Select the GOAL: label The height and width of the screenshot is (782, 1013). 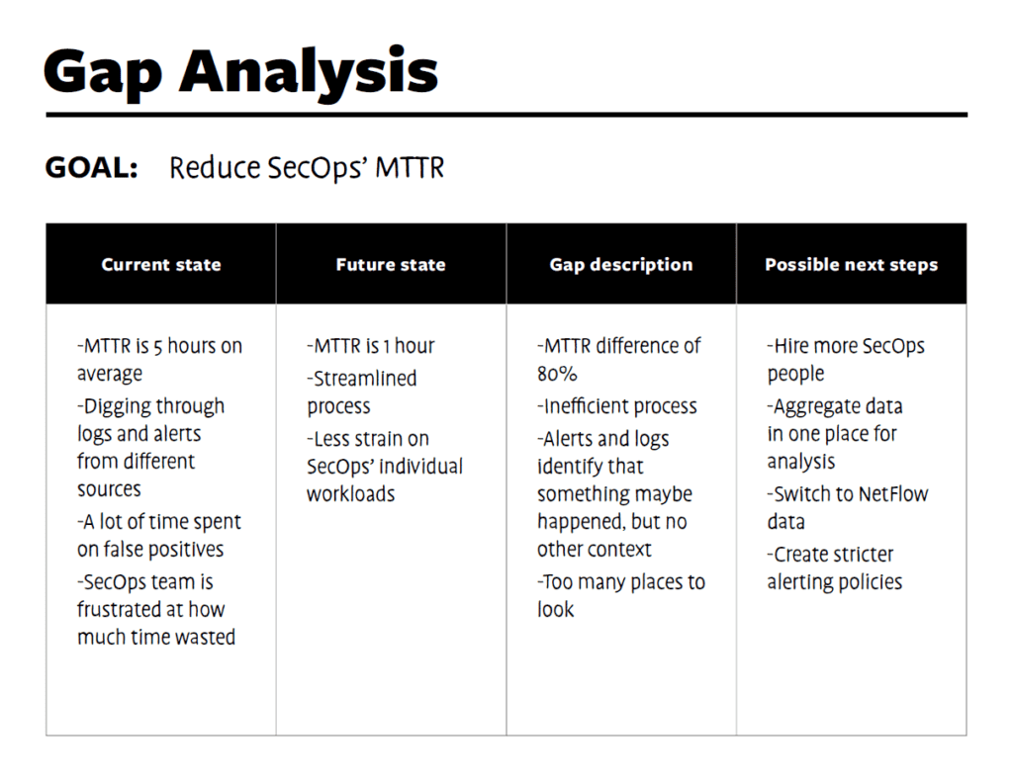coord(91,168)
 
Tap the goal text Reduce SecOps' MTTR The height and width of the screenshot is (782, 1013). coord(307,168)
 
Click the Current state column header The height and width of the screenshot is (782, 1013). coord(161,265)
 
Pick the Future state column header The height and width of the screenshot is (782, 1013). coord(391,265)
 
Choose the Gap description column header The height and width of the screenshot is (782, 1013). coord(621,265)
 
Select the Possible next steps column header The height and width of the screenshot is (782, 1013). coord(851,265)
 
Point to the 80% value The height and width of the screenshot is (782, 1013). coord(557,374)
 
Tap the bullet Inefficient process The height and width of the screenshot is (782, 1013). coord(618,406)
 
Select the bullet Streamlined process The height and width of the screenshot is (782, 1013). coord(362,392)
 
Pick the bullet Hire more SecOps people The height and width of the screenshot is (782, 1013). coord(846,360)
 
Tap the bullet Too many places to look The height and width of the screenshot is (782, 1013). coord(621,595)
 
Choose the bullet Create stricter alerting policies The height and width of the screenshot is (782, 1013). coord(835,568)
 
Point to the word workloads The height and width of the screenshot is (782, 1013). coord(350,494)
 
